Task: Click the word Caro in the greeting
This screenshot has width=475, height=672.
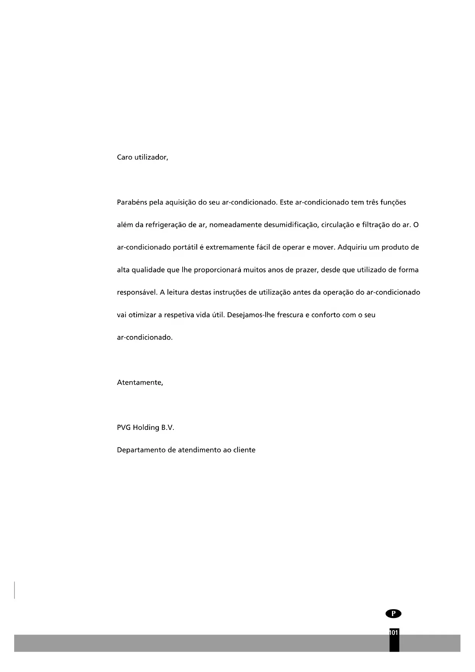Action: [x=124, y=157]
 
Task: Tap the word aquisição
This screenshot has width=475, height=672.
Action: [x=181, y=203]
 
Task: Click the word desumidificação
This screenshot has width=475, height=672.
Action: [x=291, y=225]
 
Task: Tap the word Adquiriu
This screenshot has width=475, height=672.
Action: [x=353, y=247]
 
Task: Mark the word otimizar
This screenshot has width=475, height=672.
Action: [x=142, y=315]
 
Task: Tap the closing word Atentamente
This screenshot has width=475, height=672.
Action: [x=140, y=383]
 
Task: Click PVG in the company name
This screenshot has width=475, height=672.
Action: [x=124, y=428]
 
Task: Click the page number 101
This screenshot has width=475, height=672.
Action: [x=394, y=633]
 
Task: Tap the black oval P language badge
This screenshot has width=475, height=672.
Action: [x=393, y=614]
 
